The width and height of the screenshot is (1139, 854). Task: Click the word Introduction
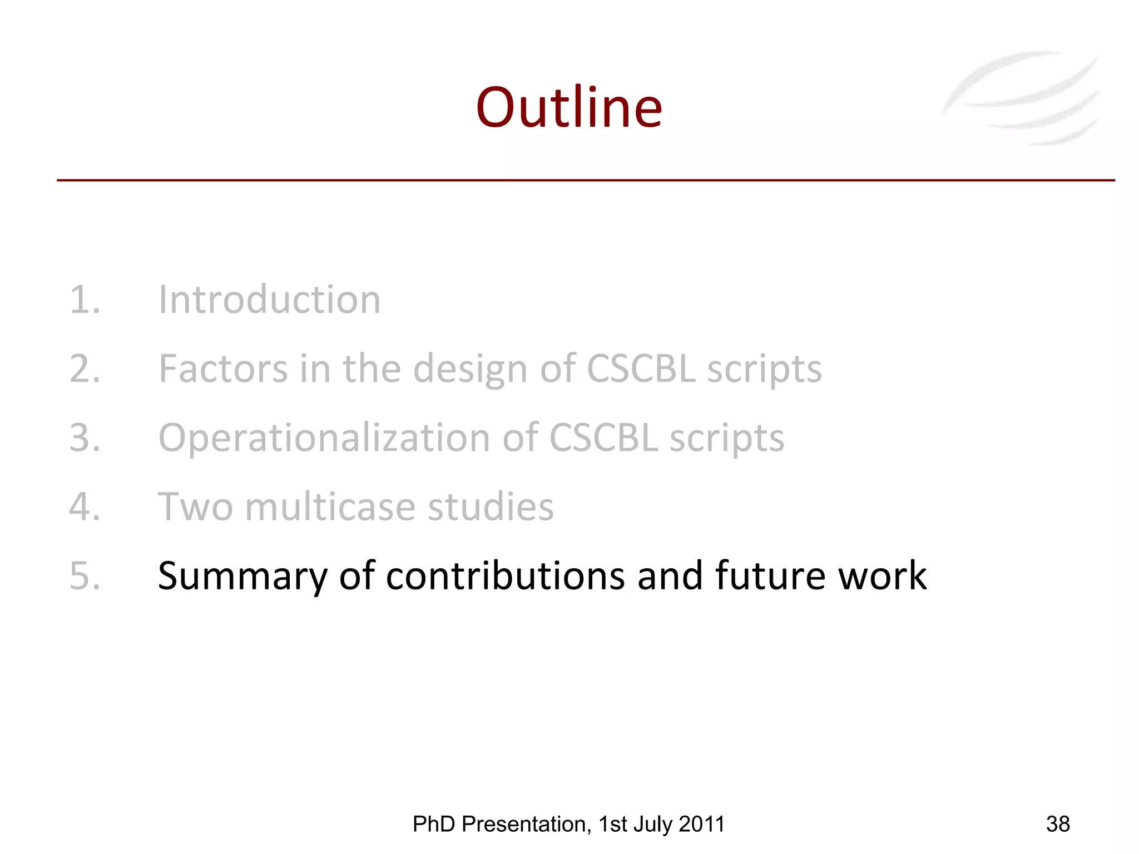270,300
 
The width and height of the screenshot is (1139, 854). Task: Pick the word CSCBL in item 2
641,369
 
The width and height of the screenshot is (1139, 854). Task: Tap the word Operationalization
324,439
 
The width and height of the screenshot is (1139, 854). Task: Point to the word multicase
330,507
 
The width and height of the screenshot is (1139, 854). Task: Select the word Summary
242,577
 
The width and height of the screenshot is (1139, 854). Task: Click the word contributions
505,575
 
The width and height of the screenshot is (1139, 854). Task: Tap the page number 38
1058,824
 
